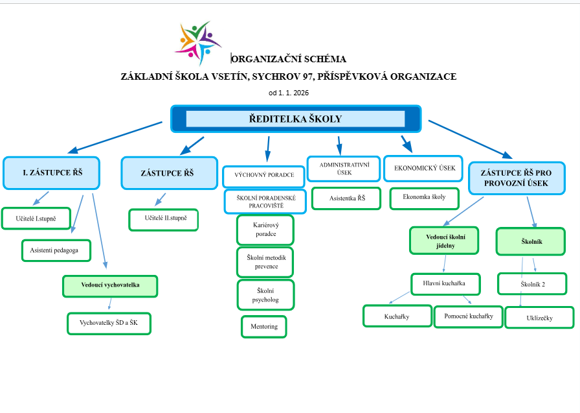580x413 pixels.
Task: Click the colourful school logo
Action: (x=198, y=43)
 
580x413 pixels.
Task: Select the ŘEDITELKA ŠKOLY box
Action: (x=295, y=119)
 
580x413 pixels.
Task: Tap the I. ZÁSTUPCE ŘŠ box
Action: (x=52, y=172)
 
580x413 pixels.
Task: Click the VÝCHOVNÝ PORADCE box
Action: (x=263, y=175)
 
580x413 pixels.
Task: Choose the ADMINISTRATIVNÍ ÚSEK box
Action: (x=344, y=169)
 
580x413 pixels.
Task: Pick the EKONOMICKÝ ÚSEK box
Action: (x=423, y=168)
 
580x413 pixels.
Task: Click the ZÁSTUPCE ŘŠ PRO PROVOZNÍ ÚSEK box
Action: (x=516, y=178)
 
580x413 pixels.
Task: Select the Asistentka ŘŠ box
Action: (x=346, y=198)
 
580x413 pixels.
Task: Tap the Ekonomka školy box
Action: (x=424, y=198)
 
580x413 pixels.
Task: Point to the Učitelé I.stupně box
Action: (x=36, y=218)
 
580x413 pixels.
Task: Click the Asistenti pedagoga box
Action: (x=56, y=250)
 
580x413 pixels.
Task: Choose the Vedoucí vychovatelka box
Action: (x=110, y=285)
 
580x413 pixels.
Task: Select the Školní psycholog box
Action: (x=265, y=295)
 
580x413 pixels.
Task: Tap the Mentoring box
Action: (x=263, y=326)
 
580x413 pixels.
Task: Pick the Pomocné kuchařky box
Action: (x=468, y=316)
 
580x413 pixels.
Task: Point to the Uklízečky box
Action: (x=539, y=318)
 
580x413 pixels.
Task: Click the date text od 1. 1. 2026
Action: (x=289, y=93)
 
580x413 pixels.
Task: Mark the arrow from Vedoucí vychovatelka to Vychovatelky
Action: (x=110, y=303)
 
